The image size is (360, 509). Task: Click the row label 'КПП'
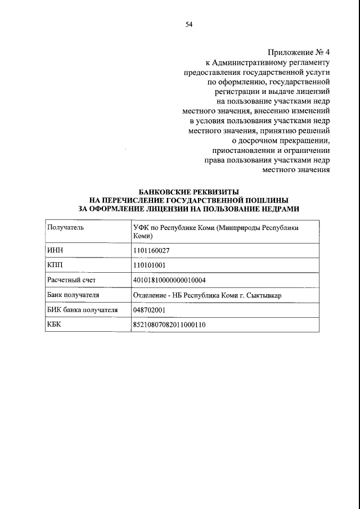point(55,265)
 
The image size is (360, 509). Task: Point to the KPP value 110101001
point(150,265)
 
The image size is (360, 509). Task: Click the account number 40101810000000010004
point(169,280)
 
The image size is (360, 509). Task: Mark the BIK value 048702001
point(149,309)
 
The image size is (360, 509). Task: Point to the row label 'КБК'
point(55,324)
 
